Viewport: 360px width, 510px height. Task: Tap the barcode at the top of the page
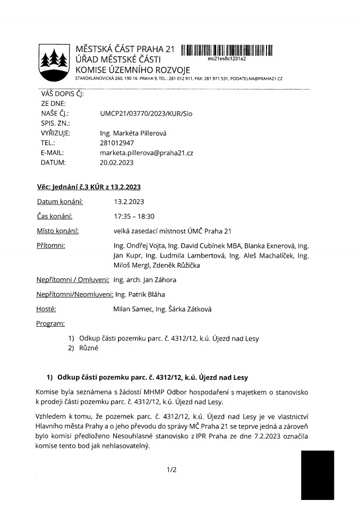[226, 50]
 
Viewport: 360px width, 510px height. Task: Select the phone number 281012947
[117, 143]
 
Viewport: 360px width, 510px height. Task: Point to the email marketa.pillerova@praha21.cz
[146, 152]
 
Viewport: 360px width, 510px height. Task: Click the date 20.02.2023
[117, 162]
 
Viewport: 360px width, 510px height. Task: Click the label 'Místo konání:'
[58, 231]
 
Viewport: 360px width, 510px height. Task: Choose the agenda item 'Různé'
[89, 348]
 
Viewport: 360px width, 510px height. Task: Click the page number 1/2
[171, 470]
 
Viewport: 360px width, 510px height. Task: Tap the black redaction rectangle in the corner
[318, 475]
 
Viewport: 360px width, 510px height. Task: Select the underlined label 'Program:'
[51, 324]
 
